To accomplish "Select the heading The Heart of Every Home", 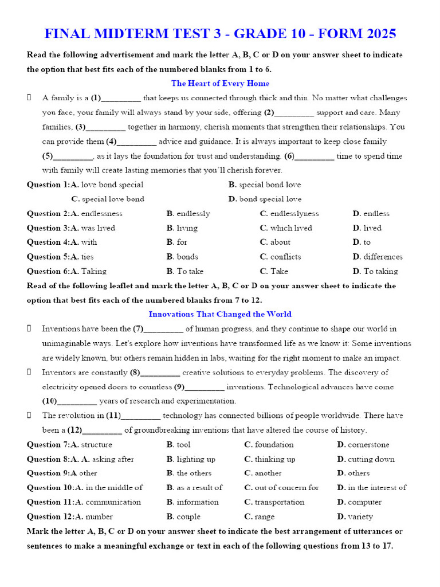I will coord(220,83).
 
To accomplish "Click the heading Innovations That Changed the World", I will coord(220,314).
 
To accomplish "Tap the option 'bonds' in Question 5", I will coord(187,257).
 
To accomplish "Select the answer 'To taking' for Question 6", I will coord(380,271).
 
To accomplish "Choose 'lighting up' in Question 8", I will coord(196,459).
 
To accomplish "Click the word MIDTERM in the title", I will coord(140,33).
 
